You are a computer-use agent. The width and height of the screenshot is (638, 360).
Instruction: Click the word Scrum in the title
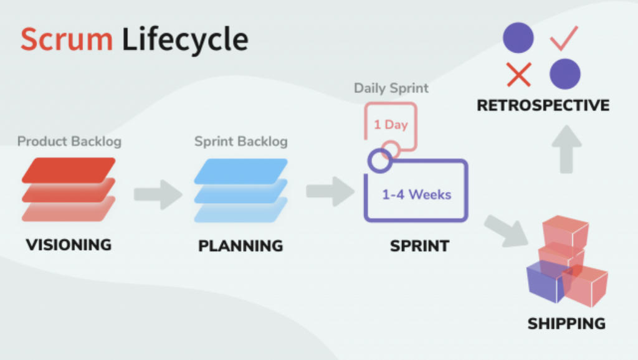point(67,39)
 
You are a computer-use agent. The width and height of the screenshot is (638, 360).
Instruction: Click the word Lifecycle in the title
point(185,40)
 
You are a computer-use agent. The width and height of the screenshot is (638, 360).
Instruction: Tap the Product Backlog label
point(69,141)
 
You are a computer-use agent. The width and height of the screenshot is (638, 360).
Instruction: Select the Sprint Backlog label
point(241,141)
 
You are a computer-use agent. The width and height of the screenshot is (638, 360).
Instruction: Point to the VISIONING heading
point(69,245)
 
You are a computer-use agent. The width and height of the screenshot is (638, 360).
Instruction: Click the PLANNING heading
point(240,245)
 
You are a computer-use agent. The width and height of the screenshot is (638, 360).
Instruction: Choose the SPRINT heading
point(419,246)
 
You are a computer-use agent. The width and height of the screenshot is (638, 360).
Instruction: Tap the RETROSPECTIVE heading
point(543,105)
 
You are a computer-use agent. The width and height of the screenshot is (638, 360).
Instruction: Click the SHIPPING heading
point(566,324)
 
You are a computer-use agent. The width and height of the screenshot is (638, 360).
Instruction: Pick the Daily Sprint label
point(391,88)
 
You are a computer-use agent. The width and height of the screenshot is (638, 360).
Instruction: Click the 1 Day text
point(391,125)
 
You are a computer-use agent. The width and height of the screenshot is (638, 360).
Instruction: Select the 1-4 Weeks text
point(417,195)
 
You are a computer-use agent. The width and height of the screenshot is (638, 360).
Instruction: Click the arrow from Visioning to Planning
point(158,194)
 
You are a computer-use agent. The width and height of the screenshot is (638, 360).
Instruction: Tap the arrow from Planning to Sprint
point(330,191)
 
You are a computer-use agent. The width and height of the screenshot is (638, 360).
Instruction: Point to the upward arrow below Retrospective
point(566,149)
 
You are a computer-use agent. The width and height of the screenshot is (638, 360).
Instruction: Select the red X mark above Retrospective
point(519,75)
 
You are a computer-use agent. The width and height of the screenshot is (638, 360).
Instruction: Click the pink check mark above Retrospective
point(564,39)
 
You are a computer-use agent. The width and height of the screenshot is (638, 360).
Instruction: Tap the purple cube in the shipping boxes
point(545,282)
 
